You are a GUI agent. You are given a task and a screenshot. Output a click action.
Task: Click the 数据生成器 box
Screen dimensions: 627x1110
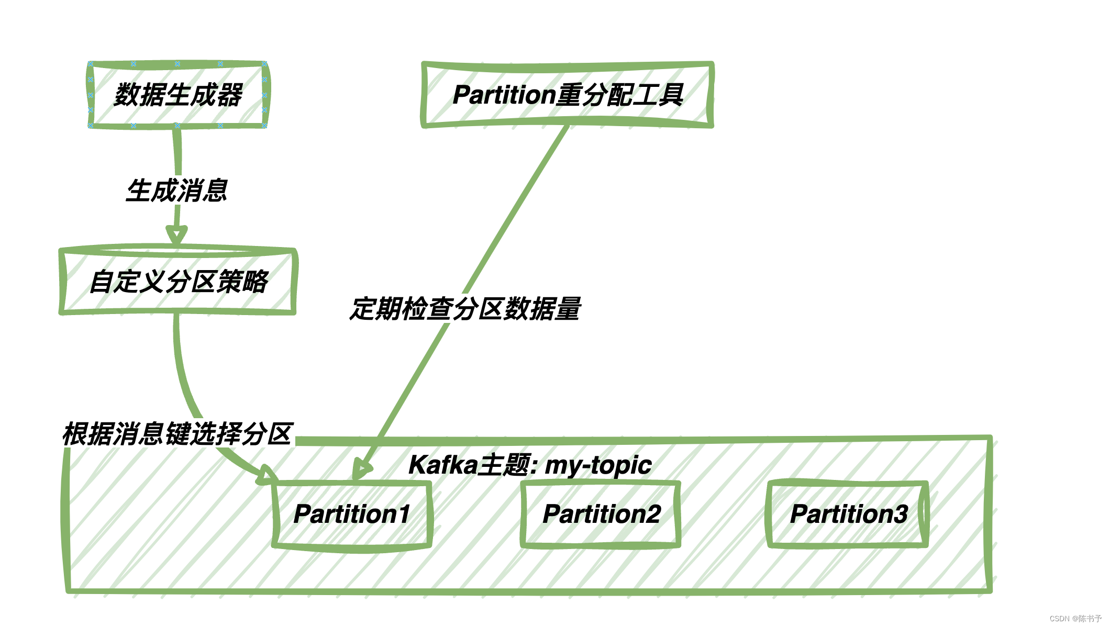point(177,95)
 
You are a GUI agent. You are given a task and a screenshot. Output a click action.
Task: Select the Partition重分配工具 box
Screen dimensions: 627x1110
point(568,95)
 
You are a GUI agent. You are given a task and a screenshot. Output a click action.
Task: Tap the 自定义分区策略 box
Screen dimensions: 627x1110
point(178,282)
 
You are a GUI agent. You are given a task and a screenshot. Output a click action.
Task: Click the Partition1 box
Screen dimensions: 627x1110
point(352,514)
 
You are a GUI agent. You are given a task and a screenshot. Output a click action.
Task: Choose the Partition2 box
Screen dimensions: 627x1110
point(601,514)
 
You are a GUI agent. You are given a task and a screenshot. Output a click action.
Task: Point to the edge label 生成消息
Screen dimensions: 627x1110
point(177,191)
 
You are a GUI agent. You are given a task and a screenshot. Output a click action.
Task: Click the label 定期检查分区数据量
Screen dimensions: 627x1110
point(465,309)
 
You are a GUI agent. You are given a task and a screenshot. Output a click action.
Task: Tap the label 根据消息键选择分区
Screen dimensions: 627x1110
point(177,434)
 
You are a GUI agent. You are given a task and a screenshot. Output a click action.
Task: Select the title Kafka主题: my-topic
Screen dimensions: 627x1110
point(529,465)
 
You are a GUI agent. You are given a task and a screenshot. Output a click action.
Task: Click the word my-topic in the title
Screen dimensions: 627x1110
point(598,465)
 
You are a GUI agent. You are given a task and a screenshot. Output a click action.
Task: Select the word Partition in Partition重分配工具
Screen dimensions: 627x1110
point(504,95)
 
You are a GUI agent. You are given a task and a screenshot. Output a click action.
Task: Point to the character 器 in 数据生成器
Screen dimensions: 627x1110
point(229,95)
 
